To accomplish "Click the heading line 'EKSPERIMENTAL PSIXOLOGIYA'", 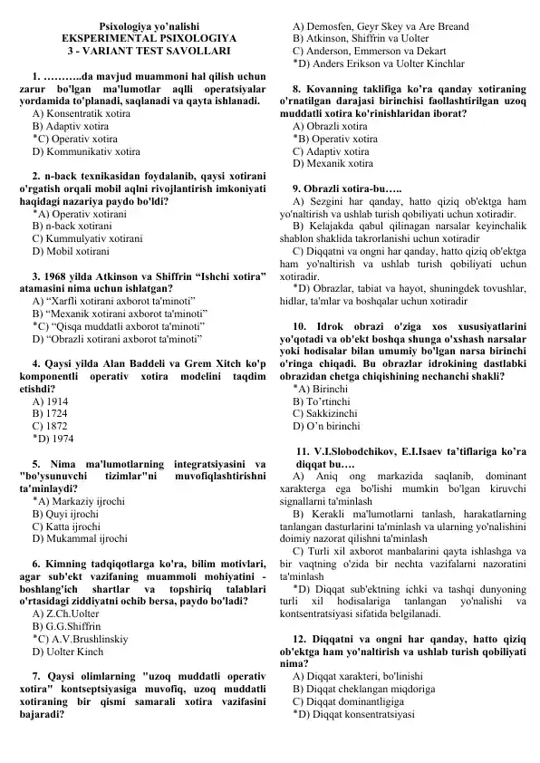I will pyautogui.click(x=149, y=40).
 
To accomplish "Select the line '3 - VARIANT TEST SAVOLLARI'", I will pyautogui.click(x=149, y=53).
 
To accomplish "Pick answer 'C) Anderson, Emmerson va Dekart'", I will pyautogui.click(x=371, y=53).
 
